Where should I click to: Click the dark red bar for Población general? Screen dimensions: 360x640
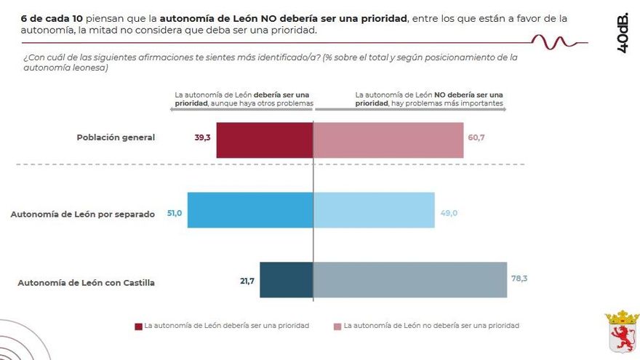(x=264, y=140)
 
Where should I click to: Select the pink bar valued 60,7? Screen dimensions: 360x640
(x=388, y=140)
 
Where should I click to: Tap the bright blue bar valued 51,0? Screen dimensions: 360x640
(x=250, y=210)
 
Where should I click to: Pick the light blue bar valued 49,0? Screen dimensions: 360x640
(x=374, y=210)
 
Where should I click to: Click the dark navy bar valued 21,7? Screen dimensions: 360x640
(x=286, y=280)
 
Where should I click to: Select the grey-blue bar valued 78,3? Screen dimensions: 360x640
(x=410, y=280)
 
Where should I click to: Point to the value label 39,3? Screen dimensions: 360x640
(x=202, y=137)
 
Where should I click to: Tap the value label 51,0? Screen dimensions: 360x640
(x=175, y=213)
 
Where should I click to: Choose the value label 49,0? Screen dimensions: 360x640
(x=449, y=213)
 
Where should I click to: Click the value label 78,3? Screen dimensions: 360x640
(x=519, y=278)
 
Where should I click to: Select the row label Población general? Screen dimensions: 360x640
(x=116, y=137)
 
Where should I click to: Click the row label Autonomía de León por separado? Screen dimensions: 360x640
(x=82, y=215)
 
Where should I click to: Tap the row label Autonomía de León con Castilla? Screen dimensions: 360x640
(x=86, y=282)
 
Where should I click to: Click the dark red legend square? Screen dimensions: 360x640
(x=138, y=326)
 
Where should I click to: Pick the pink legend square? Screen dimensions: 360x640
(x=337, y=326)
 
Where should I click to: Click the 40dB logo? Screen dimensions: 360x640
(x=622, y=33)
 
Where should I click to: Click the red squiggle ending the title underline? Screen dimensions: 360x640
(x=553, y=41)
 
